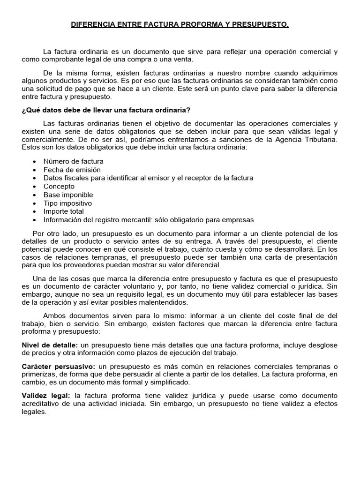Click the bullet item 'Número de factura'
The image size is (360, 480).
[74, 161]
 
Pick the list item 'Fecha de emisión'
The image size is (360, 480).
[72, 170]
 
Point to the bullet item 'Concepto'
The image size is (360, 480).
[59, 186]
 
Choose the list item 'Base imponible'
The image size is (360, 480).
[68, 195]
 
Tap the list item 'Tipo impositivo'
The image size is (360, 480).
[67, 203]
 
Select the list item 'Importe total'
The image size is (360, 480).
[64, 211]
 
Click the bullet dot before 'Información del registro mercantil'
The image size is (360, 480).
[35, 220]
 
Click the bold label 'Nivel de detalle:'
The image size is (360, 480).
[50, 345]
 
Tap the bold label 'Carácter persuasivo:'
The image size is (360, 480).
[59, 366]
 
